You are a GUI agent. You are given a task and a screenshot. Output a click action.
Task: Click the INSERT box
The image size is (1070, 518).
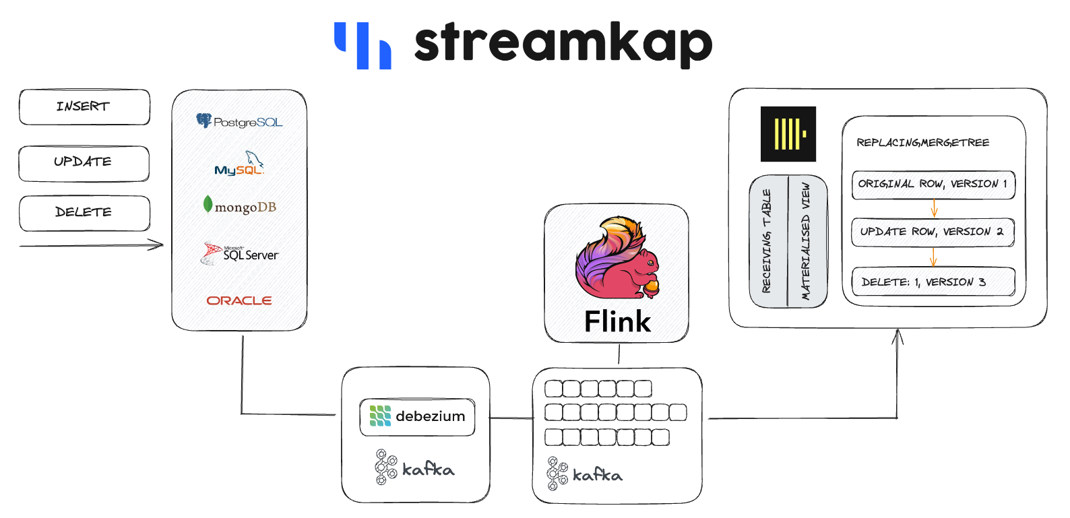tap(84, 107)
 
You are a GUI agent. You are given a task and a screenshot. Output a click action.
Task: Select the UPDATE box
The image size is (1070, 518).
tap(84, 163)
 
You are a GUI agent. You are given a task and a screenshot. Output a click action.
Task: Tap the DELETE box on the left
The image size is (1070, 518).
tap(84, 213)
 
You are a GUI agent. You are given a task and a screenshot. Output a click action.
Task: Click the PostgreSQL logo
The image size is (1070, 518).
tap(239, 121)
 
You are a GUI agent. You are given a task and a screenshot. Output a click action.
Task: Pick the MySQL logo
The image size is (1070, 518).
tap(239, 163)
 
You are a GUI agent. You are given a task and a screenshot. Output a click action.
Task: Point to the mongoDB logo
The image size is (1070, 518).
tap(239, 205)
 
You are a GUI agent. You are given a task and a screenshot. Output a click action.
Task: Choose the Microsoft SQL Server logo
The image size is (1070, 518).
tap(239, 253)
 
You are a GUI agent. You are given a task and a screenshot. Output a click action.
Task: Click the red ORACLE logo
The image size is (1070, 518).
tap(239, 300)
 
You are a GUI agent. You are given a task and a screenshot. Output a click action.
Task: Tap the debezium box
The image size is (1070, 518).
tap(418, 417)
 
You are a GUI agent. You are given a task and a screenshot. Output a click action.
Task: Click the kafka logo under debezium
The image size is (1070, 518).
tap(414, 467)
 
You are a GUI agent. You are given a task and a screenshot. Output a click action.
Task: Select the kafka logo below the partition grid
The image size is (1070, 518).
tap(585, 473)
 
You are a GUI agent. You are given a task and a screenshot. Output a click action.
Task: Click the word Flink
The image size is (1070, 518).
tap(617, 321)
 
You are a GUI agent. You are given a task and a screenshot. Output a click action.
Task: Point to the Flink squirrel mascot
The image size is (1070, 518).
tap(617, 258)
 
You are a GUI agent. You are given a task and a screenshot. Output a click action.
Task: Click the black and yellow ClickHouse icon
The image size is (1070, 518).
tap(788, 134)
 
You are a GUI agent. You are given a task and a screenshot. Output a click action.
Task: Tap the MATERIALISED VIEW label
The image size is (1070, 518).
tap(806, 241)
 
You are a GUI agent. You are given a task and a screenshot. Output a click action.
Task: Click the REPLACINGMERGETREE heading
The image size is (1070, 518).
tap(923, 142)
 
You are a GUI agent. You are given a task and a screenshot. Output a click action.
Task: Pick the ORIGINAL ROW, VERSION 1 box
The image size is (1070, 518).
tap(933, 185)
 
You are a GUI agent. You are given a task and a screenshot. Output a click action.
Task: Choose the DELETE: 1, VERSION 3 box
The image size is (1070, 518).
tap(933, 282)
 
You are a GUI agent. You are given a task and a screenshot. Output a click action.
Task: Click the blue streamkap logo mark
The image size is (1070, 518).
tap(363, 45)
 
